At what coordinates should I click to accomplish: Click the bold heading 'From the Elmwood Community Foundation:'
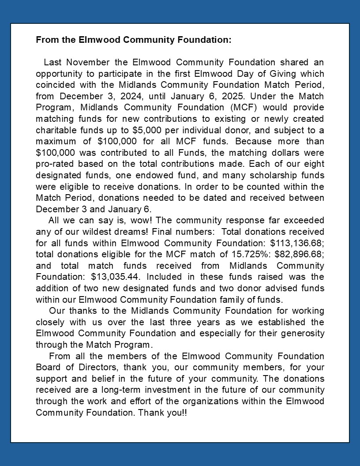pos(133,40)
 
